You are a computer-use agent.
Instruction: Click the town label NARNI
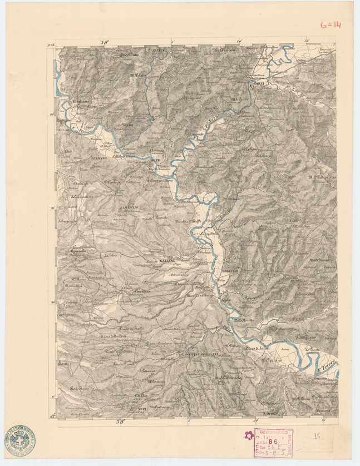pyautogui.click(x=264, y=83)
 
